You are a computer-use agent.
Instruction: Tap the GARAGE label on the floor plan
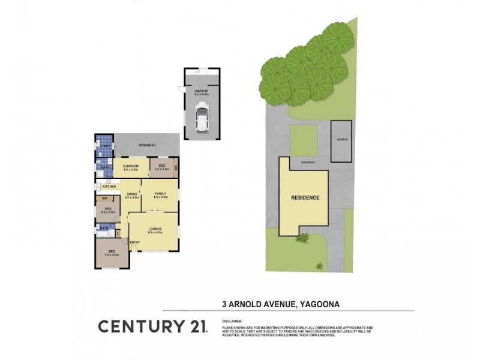click(201, 91)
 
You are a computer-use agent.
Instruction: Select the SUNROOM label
click(131, 166)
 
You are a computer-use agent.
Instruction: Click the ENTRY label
click(135, 242)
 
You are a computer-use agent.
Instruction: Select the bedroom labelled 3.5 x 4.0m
click(112, 252)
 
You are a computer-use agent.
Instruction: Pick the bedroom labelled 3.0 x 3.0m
click(107, 209)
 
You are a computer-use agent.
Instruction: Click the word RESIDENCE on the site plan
click(305, 197)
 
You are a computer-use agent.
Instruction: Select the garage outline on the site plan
click(341, 141)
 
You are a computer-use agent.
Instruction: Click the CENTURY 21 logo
click(152, 326)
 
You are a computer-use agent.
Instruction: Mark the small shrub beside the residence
click(302, 238)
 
